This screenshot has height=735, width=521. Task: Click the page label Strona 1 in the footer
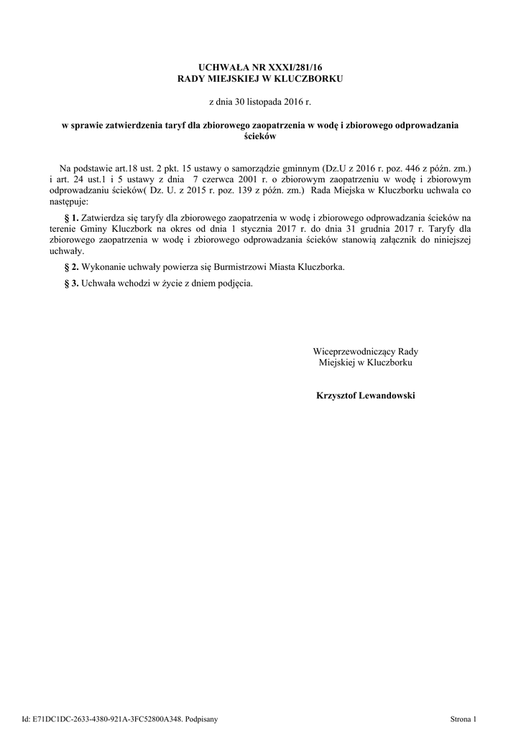pyautogui.click(x=463, y=718)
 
